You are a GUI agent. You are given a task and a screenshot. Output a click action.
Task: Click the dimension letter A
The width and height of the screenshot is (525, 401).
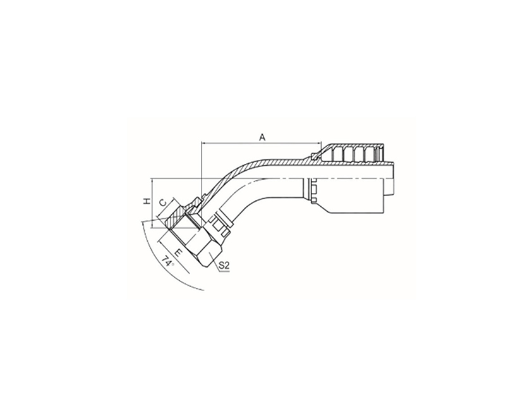[263, 137]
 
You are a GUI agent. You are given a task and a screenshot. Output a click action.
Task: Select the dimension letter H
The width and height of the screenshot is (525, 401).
[147, 202]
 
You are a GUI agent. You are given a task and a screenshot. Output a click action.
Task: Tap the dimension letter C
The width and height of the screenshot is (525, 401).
[162, 203]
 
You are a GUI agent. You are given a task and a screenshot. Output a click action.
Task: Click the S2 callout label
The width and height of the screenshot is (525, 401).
[224, 266]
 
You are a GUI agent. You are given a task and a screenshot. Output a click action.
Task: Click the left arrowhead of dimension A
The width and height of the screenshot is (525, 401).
[203, 143]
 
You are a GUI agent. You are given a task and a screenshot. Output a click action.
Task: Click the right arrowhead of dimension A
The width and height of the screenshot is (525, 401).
[318, 143]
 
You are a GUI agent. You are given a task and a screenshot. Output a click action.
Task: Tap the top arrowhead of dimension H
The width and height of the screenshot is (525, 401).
[152, 181]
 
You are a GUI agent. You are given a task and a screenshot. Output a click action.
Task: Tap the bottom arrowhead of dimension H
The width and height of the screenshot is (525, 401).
[152, 225]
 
